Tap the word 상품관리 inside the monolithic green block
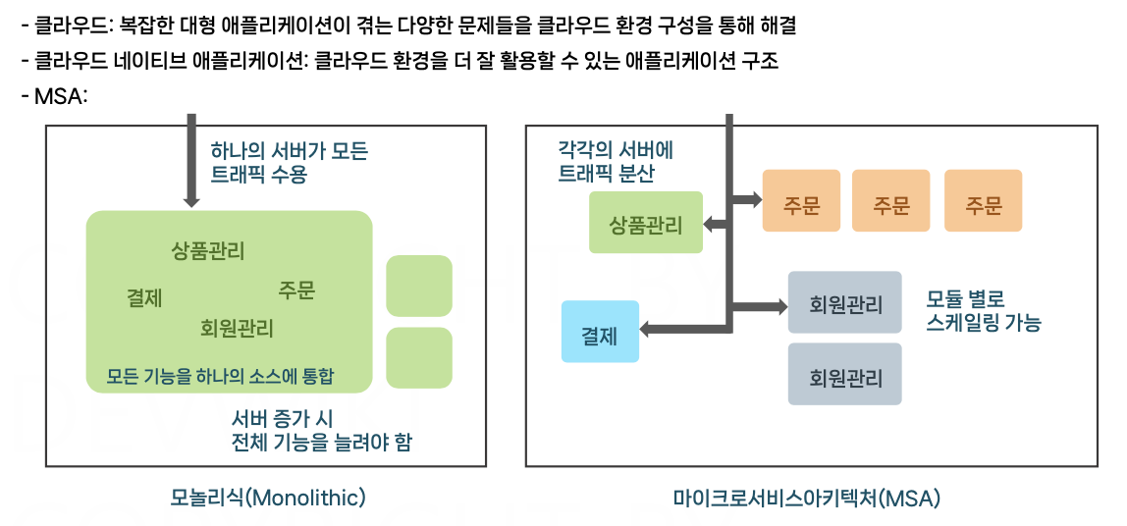[208, 250]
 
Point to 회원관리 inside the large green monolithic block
[237, 328]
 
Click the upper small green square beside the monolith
[419, 286]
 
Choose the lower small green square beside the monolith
[419, 357]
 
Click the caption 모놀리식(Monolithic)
[267, 498]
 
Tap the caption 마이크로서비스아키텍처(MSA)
[807, 499]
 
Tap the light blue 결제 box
[600, 332]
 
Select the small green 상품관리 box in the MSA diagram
[646, 224]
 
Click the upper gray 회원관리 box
[845, 303]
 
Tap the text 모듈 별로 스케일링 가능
[983, 309]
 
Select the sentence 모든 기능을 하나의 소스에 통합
[221, 376]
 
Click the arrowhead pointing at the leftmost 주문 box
[755, 200]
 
